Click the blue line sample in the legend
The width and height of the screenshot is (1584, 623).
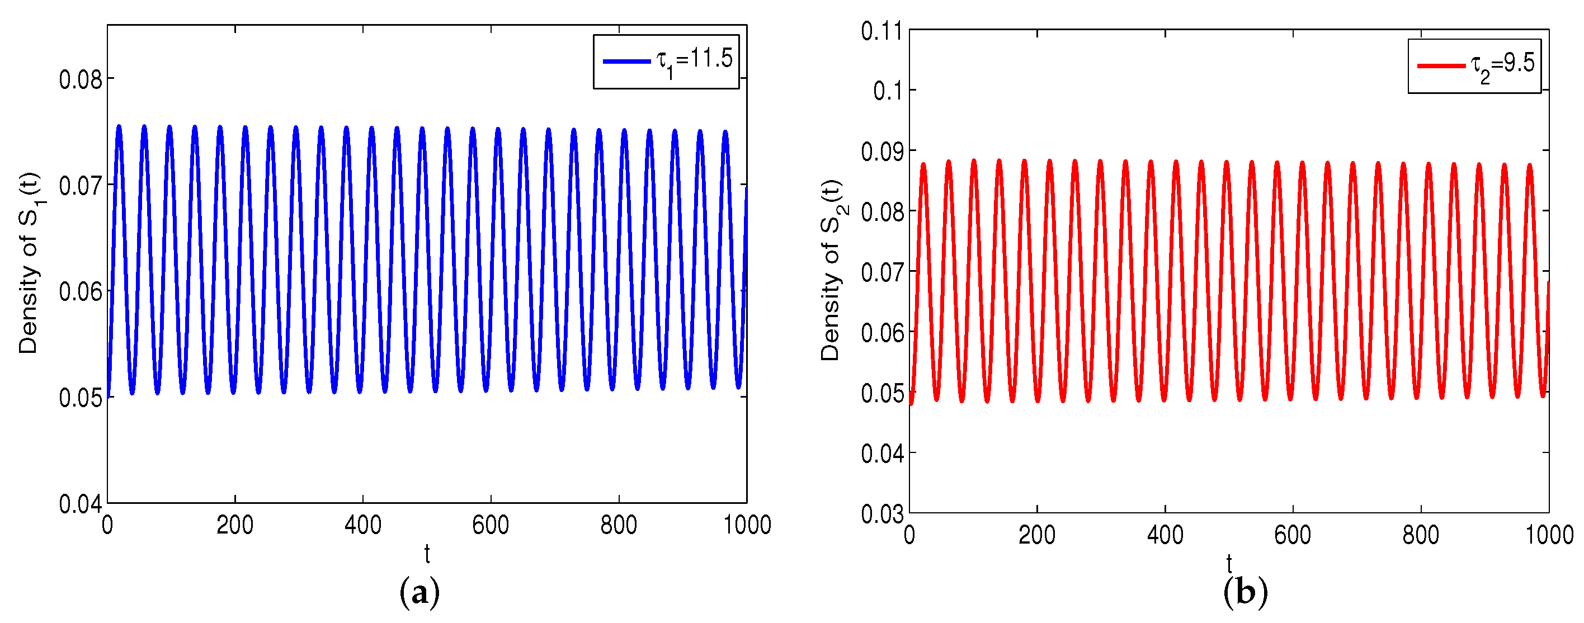(626, 62)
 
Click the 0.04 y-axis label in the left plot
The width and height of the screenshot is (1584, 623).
(80, 504)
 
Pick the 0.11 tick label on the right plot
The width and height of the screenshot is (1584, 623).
(881, 31)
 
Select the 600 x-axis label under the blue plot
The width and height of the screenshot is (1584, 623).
(490, 526)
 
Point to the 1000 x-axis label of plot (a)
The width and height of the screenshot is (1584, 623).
(747, 526)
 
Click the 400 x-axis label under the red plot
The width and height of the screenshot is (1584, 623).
(1165, 536)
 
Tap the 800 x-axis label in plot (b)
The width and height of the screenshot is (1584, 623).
(1421, 536)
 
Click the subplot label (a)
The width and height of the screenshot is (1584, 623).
(419, 593)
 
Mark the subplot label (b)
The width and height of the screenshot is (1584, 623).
(1245, 593)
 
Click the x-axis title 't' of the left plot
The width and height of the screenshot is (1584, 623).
(427, 554)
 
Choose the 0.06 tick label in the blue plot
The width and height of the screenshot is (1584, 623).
(80, 292)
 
